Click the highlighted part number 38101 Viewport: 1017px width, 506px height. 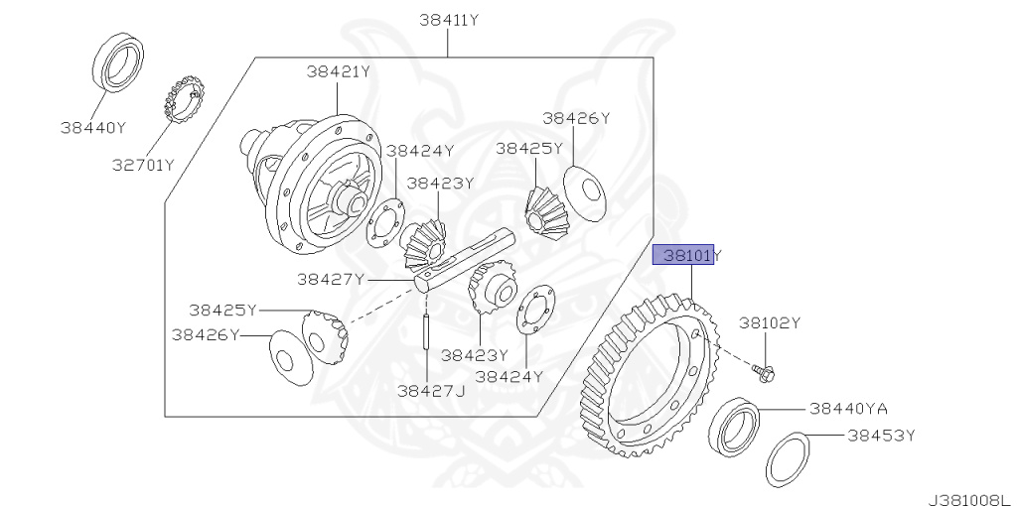683,255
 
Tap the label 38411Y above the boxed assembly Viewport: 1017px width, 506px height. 449,20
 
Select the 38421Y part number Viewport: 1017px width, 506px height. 338,71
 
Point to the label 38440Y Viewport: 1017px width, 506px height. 93,128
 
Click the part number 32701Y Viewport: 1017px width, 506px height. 143,166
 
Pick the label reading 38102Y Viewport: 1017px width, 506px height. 770,322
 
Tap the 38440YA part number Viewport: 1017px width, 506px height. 848,408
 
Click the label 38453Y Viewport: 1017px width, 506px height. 881,436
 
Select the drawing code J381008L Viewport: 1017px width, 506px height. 970,499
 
